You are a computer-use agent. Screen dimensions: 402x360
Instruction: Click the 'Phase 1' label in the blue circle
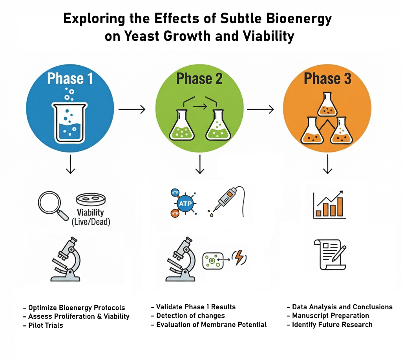tap(70, 78)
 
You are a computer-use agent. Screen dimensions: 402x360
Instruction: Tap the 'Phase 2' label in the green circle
tap(199, 78)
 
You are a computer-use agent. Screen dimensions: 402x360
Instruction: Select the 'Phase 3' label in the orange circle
tap(327, 78)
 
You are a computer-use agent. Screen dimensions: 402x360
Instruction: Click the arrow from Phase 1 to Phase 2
tap(132, 109)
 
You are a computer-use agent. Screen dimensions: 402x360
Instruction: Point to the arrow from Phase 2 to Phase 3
tap(261, 109)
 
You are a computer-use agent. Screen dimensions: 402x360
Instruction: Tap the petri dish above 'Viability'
tap(91, 199)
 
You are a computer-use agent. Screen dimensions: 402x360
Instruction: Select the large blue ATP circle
tap(185, 204)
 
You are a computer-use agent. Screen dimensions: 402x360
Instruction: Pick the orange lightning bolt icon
tap(239, 257)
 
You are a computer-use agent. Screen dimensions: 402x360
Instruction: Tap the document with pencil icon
tap(330, 255)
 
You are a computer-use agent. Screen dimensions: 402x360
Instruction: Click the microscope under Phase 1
tap(66, 259)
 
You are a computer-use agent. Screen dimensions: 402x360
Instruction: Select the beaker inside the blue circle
tap(69, 123)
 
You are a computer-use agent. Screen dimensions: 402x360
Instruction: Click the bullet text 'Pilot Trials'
tap(46, 325)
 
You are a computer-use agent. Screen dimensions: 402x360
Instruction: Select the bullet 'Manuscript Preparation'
tap(331, 316)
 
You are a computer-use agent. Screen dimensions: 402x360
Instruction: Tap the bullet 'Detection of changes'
tap(190, 315)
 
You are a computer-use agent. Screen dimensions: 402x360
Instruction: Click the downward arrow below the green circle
tap(200, 164)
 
